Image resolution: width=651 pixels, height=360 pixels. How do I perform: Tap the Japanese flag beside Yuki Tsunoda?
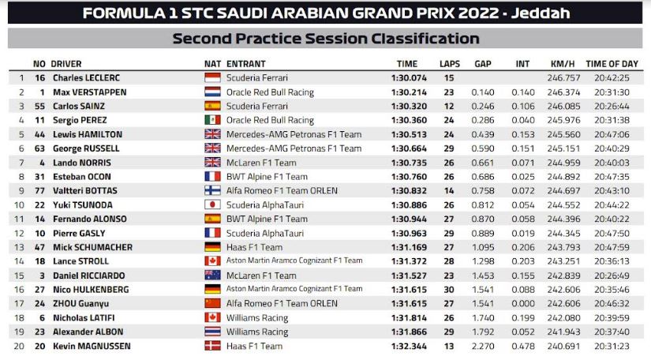(x=212, y=204)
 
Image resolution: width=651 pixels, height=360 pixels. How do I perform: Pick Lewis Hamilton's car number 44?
(x=39, y=134)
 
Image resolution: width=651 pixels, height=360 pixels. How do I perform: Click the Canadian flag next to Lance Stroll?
(x=212, y=261)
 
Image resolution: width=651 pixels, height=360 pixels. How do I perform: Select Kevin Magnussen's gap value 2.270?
(x=483, y=345)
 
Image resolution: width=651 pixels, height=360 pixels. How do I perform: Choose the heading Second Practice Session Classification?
(x=325, y=39)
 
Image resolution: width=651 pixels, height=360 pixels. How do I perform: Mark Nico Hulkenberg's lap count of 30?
(x=448, y=289)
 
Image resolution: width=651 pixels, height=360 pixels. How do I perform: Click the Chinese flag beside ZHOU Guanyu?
(x=212, y=303)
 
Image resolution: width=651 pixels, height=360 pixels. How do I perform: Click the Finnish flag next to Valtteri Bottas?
(x=212, y=190)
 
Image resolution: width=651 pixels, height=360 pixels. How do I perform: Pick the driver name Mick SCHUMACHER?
(x=92, y=246)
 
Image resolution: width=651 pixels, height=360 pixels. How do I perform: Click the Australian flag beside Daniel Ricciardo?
(x=212, y=275)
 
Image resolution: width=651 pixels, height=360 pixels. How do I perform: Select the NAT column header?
(x=212, y=63)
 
